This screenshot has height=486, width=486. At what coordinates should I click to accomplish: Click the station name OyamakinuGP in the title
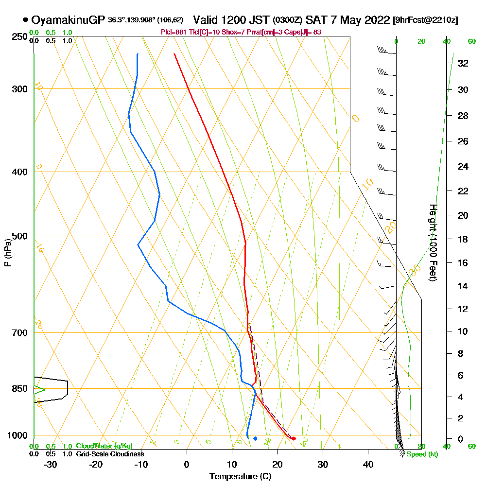[x=68, y=20]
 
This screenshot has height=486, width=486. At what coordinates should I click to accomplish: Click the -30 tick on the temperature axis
[x=51, y=465]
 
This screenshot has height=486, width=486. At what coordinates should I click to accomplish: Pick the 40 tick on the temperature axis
[x=368, y=465]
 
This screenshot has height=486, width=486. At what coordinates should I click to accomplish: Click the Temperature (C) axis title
[x=240, y=477]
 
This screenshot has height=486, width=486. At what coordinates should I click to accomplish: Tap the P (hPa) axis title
[x=7, y=252]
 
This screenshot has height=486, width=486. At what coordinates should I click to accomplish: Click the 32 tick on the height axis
[x=463, y=63]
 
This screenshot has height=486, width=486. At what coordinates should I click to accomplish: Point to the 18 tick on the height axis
[x=463, y=239]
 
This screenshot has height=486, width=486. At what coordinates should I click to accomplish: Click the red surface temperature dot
[x=294, y=439]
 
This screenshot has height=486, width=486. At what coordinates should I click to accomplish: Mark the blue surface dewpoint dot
[x=255, y=439]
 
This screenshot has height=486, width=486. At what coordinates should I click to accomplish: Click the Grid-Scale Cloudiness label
[x=109, y=454]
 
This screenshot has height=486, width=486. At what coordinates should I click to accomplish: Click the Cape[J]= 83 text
[x=308, y=32]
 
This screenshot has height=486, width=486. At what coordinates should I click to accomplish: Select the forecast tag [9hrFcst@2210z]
[x=425, y=20]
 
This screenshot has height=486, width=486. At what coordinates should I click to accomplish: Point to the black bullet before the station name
[x=25, y=20]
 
